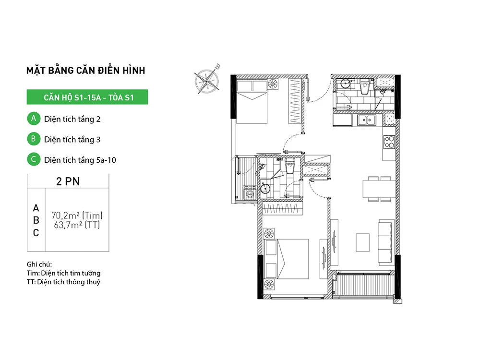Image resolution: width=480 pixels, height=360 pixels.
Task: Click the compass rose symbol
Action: [x=207, y=80]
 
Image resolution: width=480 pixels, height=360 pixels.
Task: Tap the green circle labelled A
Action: [x=34, y=119]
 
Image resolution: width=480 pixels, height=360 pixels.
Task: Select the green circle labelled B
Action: [x=34, y=139]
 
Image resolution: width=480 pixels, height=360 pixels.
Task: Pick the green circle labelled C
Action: [x=34, y=159]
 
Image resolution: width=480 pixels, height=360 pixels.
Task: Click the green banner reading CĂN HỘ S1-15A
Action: [x=87, y=97]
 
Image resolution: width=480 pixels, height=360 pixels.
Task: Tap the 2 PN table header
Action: [x=68, y=181]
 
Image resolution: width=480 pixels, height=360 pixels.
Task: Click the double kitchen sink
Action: [x=367, y=120]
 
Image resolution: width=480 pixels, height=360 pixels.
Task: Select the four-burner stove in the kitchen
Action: [x=389, y=142]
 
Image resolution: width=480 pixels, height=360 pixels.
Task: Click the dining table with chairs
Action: [x=379, y=189]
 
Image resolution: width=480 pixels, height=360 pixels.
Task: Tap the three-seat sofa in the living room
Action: [x=385, y=242]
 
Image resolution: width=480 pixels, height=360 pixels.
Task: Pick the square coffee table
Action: [x=363, y=242]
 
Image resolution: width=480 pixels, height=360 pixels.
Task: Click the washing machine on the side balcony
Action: [x=250, y=193]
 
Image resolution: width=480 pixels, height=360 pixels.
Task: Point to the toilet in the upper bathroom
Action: [x=365, y=86]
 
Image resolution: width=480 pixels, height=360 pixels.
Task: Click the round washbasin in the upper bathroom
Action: [x=345, y=84]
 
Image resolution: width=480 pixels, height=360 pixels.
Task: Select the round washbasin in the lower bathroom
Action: [x=265, y=189]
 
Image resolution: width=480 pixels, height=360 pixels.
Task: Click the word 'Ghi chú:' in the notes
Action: [x=39, y=264]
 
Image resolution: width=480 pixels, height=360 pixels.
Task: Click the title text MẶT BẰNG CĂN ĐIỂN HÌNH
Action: [x=86, y=71]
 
